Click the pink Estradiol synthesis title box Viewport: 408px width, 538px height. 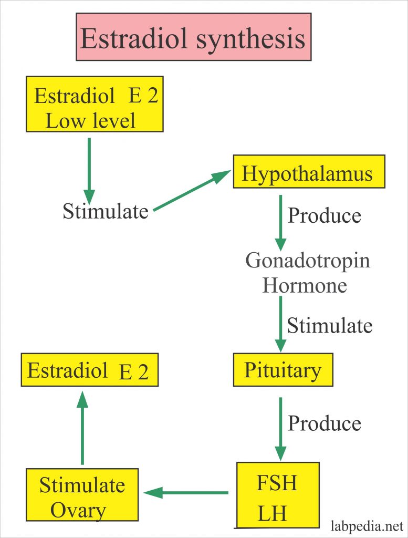click(x=193, y=37)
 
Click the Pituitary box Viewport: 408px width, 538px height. click(x=283, y=371)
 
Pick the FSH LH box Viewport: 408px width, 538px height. click(x=277, y=494)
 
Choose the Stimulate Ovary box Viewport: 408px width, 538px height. click(x=82, y=496)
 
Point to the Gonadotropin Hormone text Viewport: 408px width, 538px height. click(x=308, y=273)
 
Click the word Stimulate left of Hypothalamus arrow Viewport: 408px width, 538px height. click(x=106, y=212)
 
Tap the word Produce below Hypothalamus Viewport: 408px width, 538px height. click(x=325, y=215)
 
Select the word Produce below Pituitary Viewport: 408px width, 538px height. click(x=325, y=423)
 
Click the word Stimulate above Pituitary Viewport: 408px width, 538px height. click(x=329, y=326)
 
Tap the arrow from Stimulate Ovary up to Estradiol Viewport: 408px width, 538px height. click(x=82, y=428)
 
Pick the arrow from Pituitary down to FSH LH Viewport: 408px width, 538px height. click(x=281, y=428)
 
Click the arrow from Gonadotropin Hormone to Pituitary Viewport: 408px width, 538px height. click(x=281, y=323)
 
